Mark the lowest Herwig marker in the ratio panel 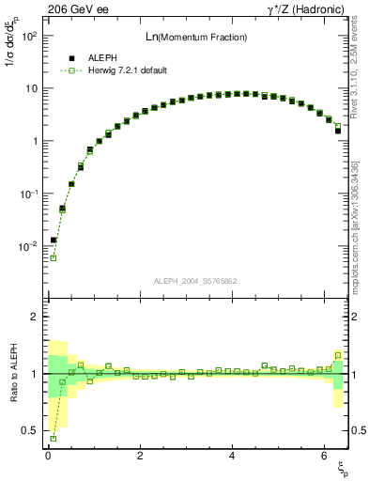pos(54,438)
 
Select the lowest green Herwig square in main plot pos(54,257)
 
